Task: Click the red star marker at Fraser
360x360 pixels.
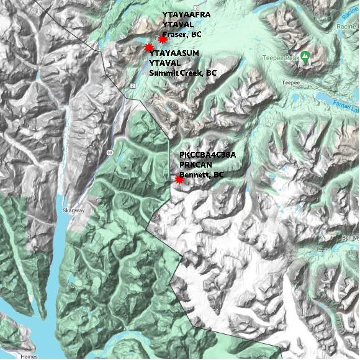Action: pyautogui.click(x=163, y=39)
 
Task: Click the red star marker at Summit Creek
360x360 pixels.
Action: pyautogui.click(x=149, y=48)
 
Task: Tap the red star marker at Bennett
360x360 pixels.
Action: pyautogui.click(x=179, y=179)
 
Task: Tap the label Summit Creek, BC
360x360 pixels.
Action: pyautogui.click(x=183, y=73)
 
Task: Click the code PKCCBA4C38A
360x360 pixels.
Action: pyautogui.click(x=207, y=155)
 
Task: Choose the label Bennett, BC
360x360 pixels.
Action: pyautogui.click(x=201, y=175)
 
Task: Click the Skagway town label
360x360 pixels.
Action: pyautogui.click(x=73, y=211)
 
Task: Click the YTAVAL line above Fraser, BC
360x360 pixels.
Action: pyautogui.click(x=176, y=24)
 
